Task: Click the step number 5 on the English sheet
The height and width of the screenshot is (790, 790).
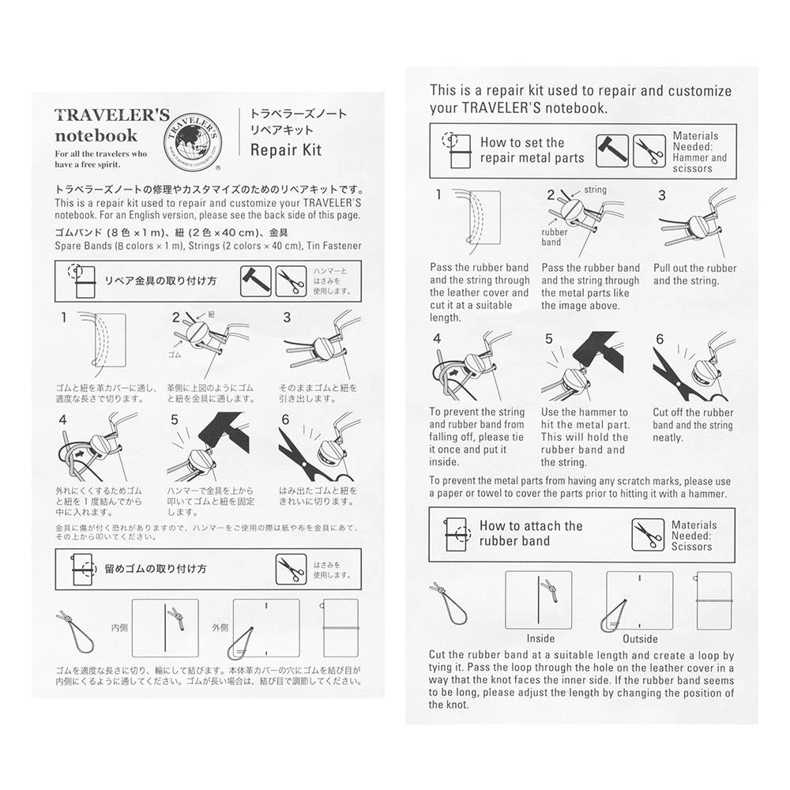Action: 548,340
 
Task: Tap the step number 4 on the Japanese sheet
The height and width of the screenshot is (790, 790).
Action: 63,419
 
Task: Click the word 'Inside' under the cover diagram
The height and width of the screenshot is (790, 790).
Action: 540,638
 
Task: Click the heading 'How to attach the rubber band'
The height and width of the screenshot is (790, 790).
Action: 530,533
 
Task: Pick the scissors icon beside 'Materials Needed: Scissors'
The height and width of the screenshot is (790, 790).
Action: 648,535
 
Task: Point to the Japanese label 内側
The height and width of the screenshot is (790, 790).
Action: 120,628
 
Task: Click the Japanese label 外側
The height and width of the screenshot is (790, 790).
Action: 220,628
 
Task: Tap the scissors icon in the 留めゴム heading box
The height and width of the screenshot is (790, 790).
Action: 291,569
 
